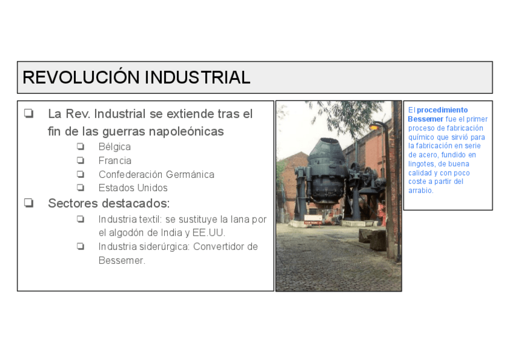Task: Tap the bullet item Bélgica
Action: pyautogui.click(x=114, y=147)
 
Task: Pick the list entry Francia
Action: pyautogui.click(x=115, y=160)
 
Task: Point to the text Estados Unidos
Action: pyautogui.click(x=133, y=188)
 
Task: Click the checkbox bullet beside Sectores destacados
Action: pyautogui.click(x=28, y=203)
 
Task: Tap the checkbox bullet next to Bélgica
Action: pyautogui.click(x=80, y=147)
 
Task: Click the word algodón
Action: pyautogui.click(x=126, y=233)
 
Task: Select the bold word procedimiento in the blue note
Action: pyautogui.click(x=442, y=110)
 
